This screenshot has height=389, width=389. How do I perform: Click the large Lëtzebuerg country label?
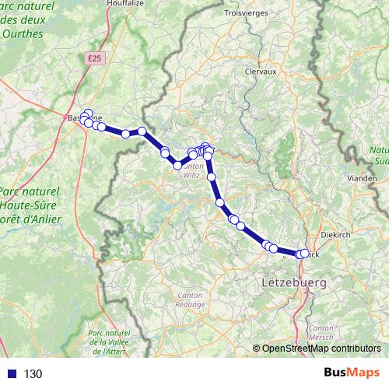tap(295, 280)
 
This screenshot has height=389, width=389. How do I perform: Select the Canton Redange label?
tap(191, 300)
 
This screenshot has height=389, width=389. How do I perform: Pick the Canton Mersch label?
tap(321, 335)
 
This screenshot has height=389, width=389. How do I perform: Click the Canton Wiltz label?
tap(191, 170)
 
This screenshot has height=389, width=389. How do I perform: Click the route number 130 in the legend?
tap(33, 374)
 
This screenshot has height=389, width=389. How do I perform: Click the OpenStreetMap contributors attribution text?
tap(321, 349)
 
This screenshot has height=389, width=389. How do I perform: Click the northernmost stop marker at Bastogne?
tap(88, 114)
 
